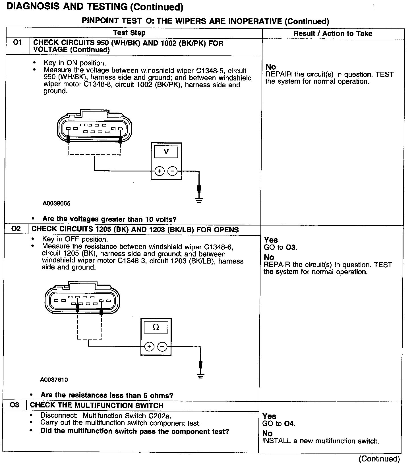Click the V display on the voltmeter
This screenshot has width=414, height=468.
(166, 152)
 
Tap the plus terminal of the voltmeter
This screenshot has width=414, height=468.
(160, 171)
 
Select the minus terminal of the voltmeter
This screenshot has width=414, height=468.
(172, 171)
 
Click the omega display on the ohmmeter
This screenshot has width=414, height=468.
(156, 327)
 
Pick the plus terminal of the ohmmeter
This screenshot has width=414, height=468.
(149, 347)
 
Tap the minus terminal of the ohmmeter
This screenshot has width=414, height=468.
(162, 347)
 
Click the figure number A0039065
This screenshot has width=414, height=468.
(57, 204)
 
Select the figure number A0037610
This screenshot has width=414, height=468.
(54, 380)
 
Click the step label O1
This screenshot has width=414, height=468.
(18, 43)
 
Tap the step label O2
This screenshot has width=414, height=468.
(16, 229)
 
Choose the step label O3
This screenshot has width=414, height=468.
(15, 405)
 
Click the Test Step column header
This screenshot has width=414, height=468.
(129, 33)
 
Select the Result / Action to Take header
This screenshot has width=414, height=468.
(333, 34)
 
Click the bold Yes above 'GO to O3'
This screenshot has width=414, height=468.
(271, 240)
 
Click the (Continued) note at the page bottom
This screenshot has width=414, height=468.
(379, 459)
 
